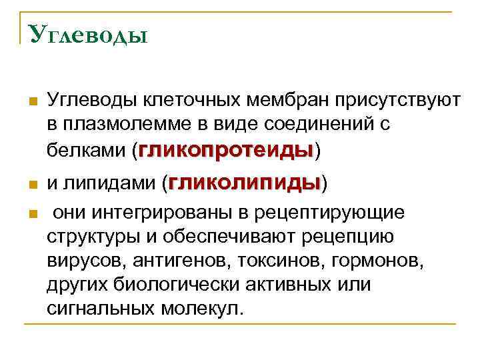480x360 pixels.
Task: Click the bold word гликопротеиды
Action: (225, 151)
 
